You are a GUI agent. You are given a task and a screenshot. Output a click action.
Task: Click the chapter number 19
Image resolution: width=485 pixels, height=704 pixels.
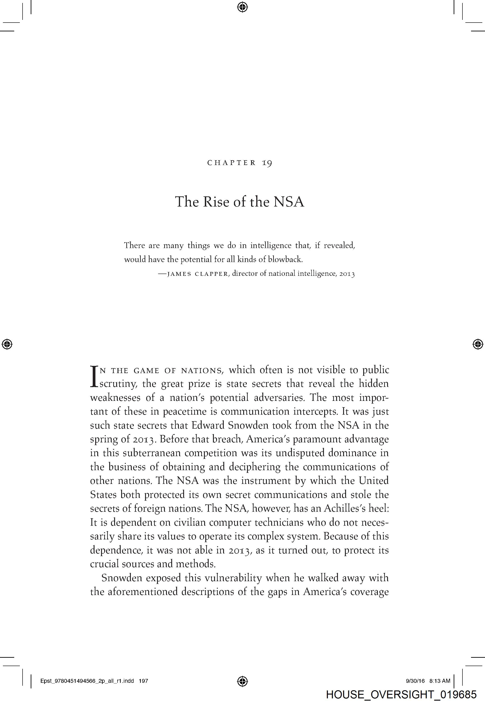(267, 163)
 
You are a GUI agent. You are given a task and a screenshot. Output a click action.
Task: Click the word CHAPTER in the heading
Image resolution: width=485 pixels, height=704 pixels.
(232, 163)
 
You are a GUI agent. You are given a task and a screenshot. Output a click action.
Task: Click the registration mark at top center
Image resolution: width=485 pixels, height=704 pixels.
(242, 7)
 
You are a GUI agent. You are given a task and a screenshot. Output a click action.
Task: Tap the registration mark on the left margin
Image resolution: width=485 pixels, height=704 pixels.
(7, 344)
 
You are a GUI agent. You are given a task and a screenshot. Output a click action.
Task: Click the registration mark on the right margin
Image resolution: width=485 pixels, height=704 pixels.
(478, 344)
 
